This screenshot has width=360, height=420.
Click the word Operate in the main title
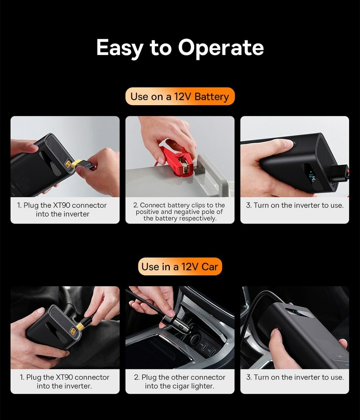coord(221,47)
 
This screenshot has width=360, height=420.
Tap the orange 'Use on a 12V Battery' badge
coord(180,96)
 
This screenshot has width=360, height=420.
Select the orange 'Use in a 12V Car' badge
coord(180,267)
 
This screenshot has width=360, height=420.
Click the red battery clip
coord(177,160)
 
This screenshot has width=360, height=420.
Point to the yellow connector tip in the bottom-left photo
coord(80,326)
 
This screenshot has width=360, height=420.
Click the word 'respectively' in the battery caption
coord(198,219)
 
